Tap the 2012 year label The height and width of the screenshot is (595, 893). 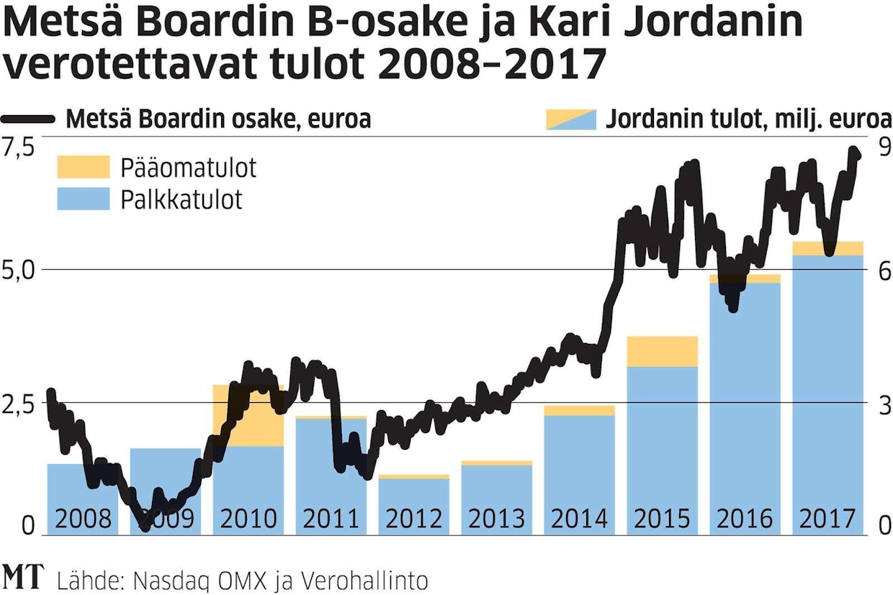pyautogui.click(x=413, y=518)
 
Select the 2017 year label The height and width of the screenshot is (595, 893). pyautogui.click(x=827, y=518)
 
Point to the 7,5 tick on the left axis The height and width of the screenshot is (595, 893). pyautogui.click(x=19, y=146)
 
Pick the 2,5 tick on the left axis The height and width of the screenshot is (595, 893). pyautogui.click(x=19, y=404)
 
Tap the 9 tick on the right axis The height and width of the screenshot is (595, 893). pyautogui.click(x=883, y=146)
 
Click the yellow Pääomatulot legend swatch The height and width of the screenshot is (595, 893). pyautogui.click(x=83, y=167)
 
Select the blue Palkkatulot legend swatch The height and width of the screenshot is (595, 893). pyautogui.click(x=83, y=199)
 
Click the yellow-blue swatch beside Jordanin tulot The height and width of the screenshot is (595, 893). pyautogui.click(x=571, y=119)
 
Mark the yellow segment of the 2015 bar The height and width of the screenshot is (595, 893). pyautogui.click(x=662, y=351)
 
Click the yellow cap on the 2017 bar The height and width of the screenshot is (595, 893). pyautogui.click(x=827, y=248)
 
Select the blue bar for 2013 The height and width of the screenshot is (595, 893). pyautogui.click(x=496, y=496)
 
